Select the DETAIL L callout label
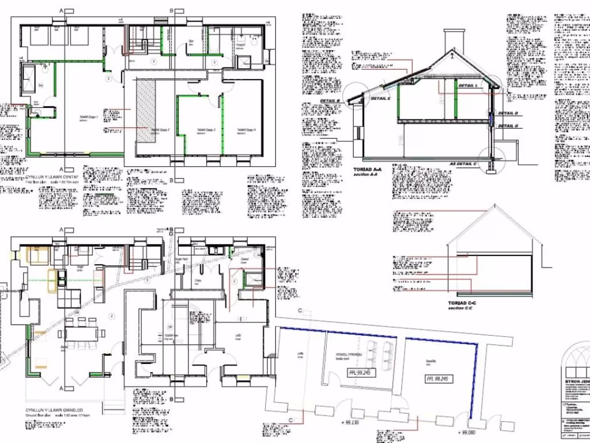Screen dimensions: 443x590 (468, 85)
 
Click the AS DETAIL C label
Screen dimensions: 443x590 (463, 164)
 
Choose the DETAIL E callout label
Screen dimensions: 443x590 (381, 99)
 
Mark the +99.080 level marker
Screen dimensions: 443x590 (468, 431)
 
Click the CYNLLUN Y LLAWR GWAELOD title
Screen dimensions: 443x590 (54, 410)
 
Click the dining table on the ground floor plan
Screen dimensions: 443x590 (82, 333)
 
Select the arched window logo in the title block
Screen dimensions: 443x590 (574, 363)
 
